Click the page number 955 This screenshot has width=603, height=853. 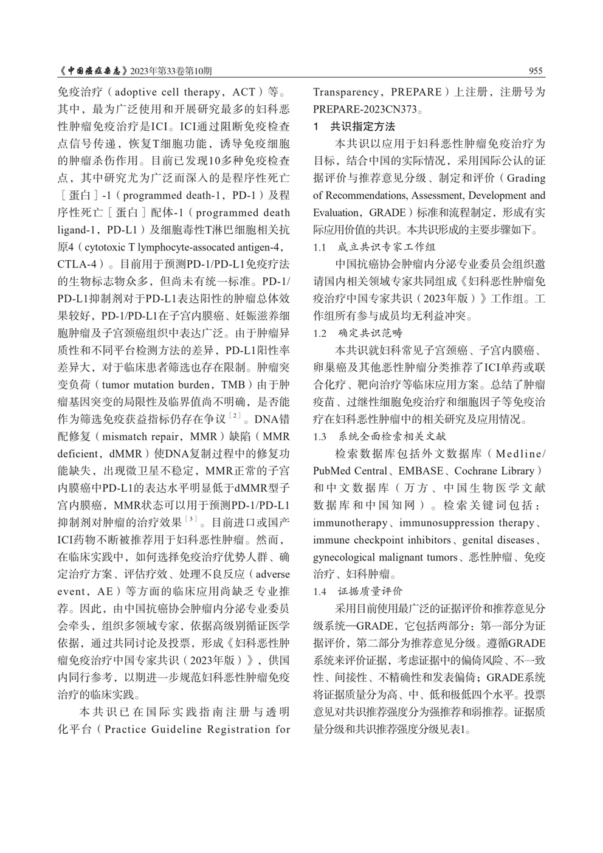pyautogui.click(x=536, y=71)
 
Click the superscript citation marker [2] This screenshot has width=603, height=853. pyautogui.click(x=235, y=416)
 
